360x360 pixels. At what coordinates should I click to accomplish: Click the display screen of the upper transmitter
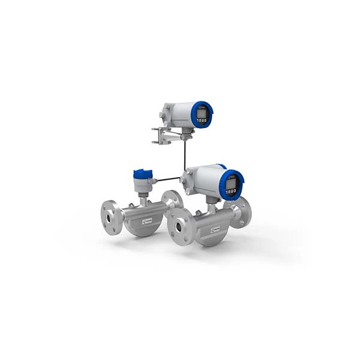201,112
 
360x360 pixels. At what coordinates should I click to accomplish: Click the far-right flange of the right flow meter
245,211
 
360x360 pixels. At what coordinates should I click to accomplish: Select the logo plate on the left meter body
145,223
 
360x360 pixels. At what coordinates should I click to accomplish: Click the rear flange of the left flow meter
173,200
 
